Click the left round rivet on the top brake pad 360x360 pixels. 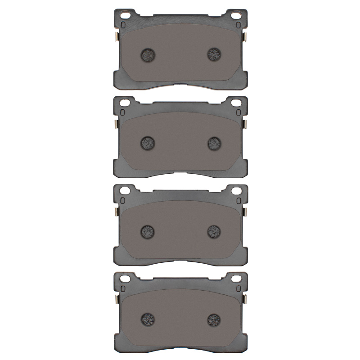(x=147, y=55)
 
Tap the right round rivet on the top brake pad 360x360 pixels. (x=214, y=54)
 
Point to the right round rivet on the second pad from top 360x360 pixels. (x=214, y=143)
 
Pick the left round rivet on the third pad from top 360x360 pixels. (x=147, y=231)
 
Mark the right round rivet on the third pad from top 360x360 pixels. (x=214, y=231)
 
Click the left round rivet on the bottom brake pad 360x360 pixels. (x=147, y=319)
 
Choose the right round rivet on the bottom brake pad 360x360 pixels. (x=214, y=319)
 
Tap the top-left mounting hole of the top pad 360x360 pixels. (x=125, y=16)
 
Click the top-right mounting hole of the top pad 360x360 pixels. (x=236, y=16)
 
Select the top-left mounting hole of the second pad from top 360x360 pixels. (x=125, y=104)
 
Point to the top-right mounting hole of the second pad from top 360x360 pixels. (x=236, y=104)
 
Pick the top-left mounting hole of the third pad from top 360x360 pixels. (x=125, y=192)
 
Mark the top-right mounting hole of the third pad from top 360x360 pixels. (x=236, y=192)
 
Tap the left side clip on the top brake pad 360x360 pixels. (x=116, y=36)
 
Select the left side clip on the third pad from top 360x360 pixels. (x=116, y=213)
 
